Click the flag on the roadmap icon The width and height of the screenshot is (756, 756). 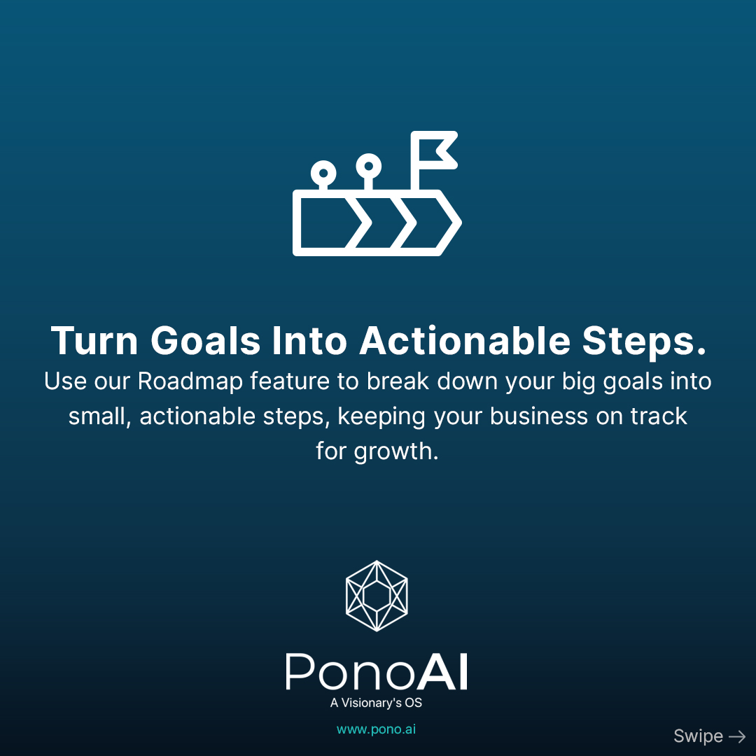click(434, 150)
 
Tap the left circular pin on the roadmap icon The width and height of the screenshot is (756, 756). click(323, 173)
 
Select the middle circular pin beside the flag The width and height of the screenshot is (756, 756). click(368, 167)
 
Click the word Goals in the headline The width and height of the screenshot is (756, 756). click(206, 341)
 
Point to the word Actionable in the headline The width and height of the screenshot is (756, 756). click(465, 341)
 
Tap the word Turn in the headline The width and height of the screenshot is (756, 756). click(94, 341)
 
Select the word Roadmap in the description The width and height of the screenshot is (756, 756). click(190, 381)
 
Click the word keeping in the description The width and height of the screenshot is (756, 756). click(381, 417)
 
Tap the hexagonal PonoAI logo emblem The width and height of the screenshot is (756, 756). click(377, 596)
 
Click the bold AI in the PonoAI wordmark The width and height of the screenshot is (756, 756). click(442, 672)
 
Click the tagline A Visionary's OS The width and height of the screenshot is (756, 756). click(376, 703)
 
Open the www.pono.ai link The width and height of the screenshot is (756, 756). click(376, 729)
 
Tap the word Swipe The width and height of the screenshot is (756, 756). click(698, 736)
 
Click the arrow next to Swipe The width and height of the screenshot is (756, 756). click(737, 736)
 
